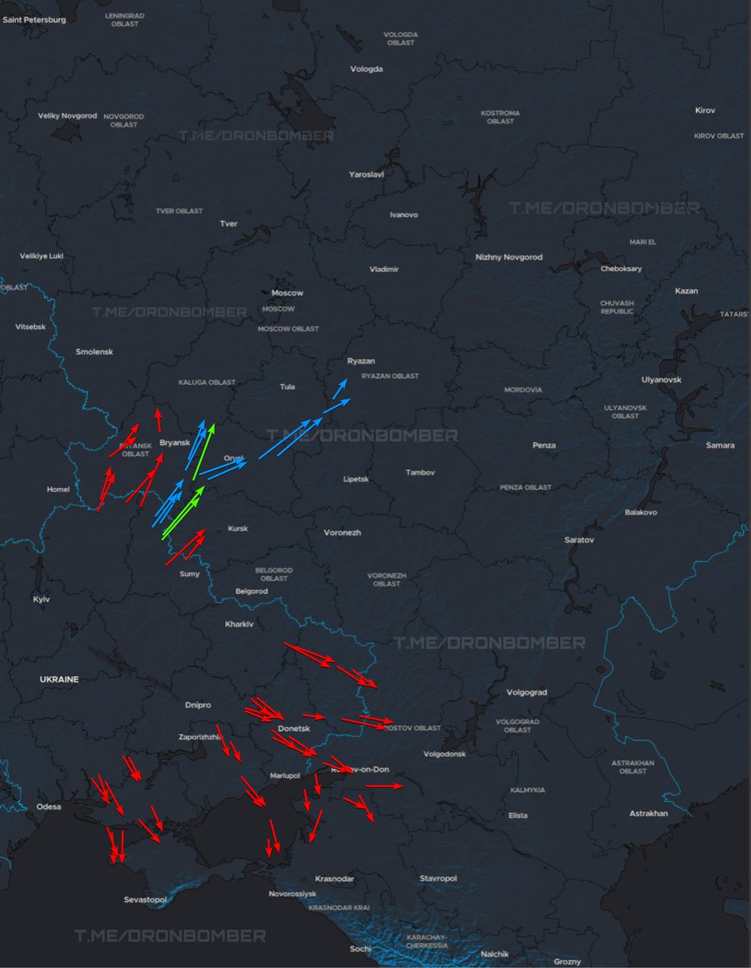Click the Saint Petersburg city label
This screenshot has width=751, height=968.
[x=35, y=19]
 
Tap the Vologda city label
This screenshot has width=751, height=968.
[x=366, y=69]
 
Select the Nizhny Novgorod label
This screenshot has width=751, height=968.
[x=509, y=257]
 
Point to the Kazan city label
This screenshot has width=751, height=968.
[x=686, y=291]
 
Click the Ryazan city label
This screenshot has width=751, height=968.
[x=361, y=361]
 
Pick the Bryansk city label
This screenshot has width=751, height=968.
[x=174, y=443]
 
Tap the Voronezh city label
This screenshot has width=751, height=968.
[x=342, y=533]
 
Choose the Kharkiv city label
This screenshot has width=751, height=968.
[x=240, y=624]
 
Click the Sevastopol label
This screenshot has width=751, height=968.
[x=145, y=899]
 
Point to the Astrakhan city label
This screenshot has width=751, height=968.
[x=649, y=814]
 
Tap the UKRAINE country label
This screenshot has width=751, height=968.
[x=60, y=680]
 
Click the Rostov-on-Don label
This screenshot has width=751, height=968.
[x=358, y=770]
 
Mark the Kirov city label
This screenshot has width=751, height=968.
[x=705, y=110]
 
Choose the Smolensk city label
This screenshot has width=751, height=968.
[x=94, y=353]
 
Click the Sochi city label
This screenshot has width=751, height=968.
[x=361, y=949]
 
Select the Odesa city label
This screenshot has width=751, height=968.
[x=48, y=807]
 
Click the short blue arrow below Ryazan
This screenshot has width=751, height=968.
[x=342, y=388]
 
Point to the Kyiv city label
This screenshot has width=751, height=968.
[x=40, y=599]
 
